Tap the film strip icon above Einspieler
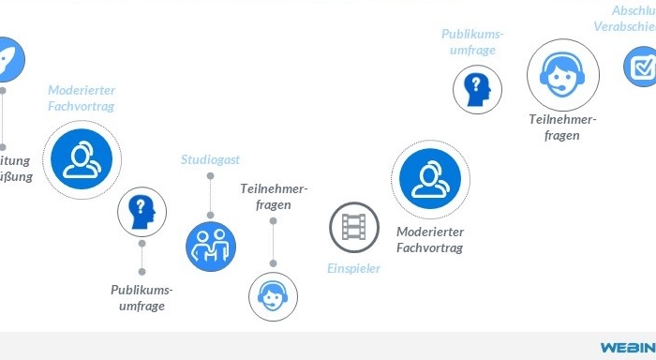coord(353,227)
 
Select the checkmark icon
coord(642,67)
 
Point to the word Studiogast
coord(210,160)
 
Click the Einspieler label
coord(353,269)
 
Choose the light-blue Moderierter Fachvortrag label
coord(82,98)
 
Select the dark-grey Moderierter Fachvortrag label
coord(429,239)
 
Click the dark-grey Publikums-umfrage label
coord(142,297)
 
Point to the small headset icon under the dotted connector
coord(273,296)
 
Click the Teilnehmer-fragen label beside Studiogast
coord(273,196)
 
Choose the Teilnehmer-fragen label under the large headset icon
coord(562,127)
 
